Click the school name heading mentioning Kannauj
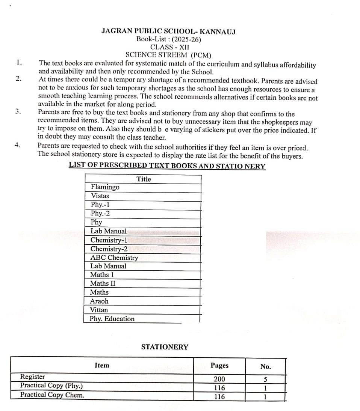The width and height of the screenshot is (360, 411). pyautogui.click(x=168, y=32)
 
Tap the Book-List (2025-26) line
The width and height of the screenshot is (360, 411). pyautogui.click(x=169, y=39)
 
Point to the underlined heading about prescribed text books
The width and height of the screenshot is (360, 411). pyautogui.click(x=167, y=166)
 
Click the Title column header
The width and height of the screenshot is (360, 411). pyautogui.click(x=144, y=179)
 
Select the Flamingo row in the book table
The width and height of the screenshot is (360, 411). pyautogui.click(x=105, y=187)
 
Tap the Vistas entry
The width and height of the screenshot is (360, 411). pyautogui.click(x=100, y=196)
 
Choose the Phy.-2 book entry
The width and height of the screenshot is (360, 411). pyautogui.click(x=100, y=213)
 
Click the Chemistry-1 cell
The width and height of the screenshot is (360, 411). pyautogui.click(x=109, y=240)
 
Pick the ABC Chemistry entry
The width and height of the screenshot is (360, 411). pyautogui.click(x=114, y=257)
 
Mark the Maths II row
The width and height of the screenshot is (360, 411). pyautogui.click(x=103, y=283)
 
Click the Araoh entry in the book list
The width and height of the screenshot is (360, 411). pyautogui.click(x=99, y=301)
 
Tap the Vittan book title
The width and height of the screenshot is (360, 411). pyautogui.click(x=99, y=310)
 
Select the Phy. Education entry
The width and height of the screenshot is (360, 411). pyautogui.click(x=112, y=319)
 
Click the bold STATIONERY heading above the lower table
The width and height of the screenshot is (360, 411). pyautogui.click(x=165, y=347)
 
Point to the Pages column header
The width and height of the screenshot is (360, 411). pyautogui.click(x=219, y=365)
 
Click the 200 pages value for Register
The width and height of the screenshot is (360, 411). pyautogui.click(x=219, y=379)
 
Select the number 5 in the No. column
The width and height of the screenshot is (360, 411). pyautogui.click(x=265, y=379)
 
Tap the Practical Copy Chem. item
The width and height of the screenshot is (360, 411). pyautogui.click(x=52, y=394)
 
